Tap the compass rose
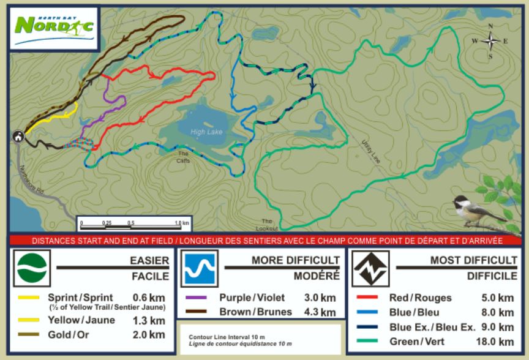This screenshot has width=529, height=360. coord(490,41)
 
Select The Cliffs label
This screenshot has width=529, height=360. coord(184,157)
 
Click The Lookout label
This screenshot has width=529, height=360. coord(266,224)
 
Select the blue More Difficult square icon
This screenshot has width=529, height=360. coord(200,268)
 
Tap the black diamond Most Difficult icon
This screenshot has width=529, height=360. coord(370,268)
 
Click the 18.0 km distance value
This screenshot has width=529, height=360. coord(497,342)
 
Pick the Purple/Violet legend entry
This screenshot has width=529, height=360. coord(252,298)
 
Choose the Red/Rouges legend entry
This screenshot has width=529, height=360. coord(420,298)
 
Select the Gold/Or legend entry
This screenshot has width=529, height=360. coord(73,334)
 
